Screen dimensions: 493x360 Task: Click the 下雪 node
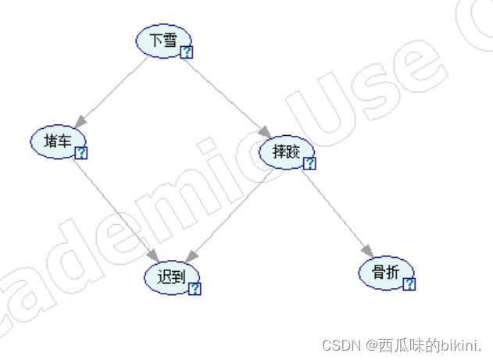[163, 41]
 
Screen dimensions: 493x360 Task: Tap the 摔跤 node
[285, 151]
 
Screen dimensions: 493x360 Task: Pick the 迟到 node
[171, 277]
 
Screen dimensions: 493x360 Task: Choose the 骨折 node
[384, 273]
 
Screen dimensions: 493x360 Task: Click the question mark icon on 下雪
[187, 52]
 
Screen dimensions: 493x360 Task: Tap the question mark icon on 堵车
[81, 153]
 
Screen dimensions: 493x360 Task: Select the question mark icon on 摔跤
[309, 163]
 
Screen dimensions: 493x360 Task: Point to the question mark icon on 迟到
[195, 289]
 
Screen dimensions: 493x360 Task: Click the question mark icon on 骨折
[409, 284]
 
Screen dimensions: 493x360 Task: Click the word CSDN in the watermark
[339, 344]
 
